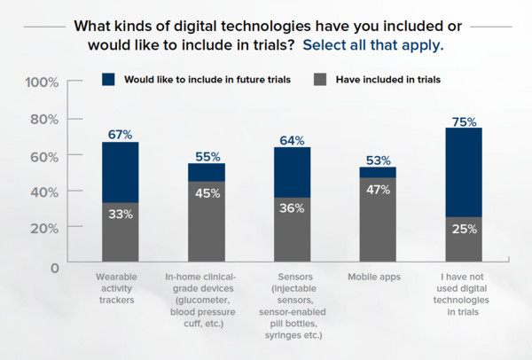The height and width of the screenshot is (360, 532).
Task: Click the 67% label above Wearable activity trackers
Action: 120,134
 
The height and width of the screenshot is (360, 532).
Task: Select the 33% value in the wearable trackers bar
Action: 121,214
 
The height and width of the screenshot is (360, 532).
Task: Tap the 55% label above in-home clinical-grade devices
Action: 206,155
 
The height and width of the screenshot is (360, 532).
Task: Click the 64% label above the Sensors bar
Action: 292,140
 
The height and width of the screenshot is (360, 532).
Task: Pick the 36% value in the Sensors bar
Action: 292,208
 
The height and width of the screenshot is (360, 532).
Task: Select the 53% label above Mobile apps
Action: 378,160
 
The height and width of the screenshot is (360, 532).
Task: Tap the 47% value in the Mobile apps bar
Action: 378,189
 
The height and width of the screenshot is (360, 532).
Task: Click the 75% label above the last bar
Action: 464,120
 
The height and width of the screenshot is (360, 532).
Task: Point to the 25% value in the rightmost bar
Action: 464,229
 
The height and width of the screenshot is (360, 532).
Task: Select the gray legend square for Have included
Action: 321,79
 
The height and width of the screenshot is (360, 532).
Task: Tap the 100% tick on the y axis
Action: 41,82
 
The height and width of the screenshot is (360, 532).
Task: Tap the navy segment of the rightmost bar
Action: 464,172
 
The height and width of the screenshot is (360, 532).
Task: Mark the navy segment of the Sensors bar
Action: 292,172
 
